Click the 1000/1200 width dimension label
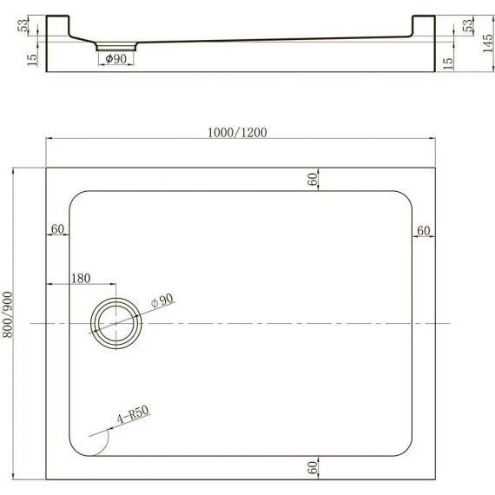pyautogui.click(x=237, y=132)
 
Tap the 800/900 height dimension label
pyautogui.click(x=8, y=314)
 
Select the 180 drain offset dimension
pyautogui.click(x=81, y=278)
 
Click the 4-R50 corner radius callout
pyautogui.click(x=133, y=414)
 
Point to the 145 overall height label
pyautogui.click(x=488, y=43)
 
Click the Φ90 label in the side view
pyautogui.click(x=115, y=58)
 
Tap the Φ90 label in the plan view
pyautogui.click(x=162, y=300)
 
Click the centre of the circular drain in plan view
pyautogui.click(x=115, y=323)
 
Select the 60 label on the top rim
pyautogui.click(x=313, y=179)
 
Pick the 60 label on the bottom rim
pyautogui.click(x=313, y=467)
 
